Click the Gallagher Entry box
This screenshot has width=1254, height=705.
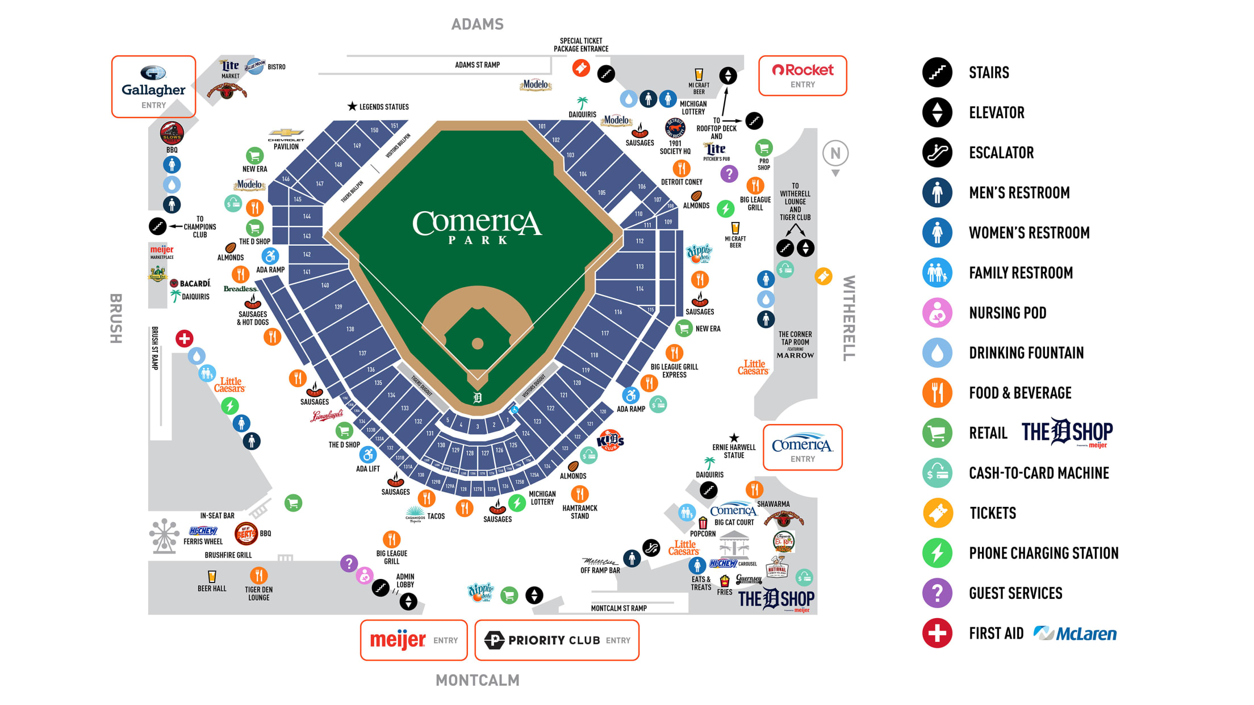153,87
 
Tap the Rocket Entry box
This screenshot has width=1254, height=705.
802,75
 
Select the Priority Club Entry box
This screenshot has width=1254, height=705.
557,640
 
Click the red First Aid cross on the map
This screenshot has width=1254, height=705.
184,339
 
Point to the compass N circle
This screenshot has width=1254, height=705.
835,153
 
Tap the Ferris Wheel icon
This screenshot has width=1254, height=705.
164,535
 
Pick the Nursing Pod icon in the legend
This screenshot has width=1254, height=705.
937,313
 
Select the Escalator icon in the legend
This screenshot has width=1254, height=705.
937,153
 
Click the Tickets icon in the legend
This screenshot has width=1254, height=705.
937,513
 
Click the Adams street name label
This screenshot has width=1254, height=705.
477,24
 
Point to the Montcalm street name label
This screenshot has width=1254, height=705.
477,680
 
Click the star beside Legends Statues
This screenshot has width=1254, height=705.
352,106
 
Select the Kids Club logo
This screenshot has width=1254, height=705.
611,440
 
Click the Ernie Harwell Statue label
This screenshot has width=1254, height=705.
734,451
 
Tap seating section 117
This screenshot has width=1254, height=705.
605,333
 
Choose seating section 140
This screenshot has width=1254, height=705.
325,285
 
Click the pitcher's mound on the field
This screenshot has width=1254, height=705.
478,343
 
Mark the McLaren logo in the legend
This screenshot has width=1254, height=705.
1075,633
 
